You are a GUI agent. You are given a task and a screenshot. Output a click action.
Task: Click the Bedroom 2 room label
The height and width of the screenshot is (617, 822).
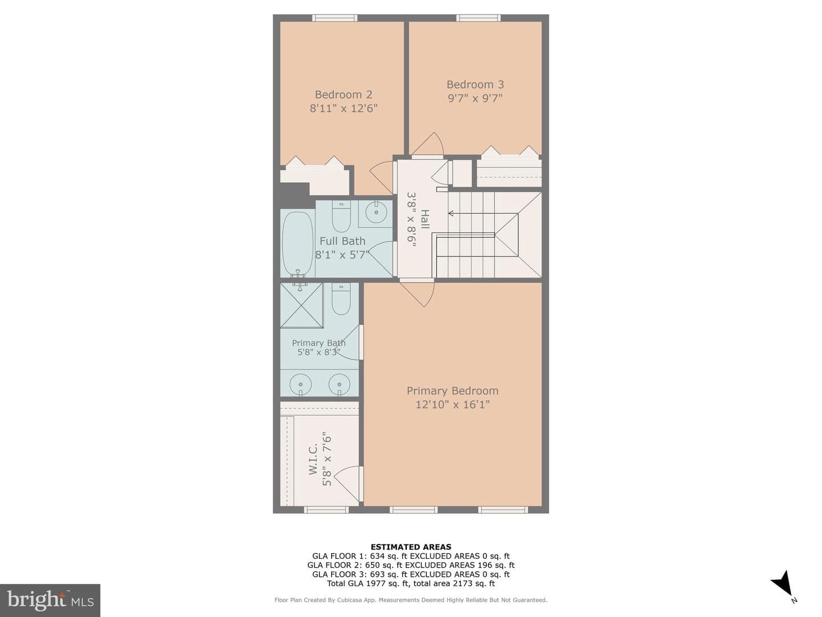click(344, 94)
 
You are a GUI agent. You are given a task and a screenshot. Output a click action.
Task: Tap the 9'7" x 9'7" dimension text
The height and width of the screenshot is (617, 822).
click(475, 98)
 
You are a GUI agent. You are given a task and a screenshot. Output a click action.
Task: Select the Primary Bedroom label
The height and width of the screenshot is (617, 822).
click(452, 391)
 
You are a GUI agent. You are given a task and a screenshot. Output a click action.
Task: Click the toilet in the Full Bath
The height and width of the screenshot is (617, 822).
click(341, 217)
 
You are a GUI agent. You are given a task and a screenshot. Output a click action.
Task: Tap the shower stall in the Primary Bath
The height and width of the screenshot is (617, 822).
click(301, 305)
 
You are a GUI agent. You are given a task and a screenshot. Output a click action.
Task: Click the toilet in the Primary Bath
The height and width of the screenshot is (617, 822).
click(341, 299)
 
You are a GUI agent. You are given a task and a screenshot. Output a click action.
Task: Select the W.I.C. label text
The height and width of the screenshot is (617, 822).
click(313, 459)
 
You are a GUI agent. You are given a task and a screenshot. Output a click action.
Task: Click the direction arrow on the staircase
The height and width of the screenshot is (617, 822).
click(483, 214)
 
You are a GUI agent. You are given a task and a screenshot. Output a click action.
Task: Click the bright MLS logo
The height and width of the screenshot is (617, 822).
click(50, 600)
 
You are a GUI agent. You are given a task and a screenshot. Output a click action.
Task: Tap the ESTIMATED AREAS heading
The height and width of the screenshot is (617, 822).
click(411, 547)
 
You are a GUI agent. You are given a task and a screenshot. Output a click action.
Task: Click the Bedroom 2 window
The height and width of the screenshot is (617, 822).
click(335, 18)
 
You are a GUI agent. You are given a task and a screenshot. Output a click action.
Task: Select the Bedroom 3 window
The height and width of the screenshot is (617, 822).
click(478, 18)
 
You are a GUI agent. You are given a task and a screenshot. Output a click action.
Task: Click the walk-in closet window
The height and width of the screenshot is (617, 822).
click(326, 510)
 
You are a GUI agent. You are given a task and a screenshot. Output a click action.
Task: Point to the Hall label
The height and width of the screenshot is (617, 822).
click(425, 219)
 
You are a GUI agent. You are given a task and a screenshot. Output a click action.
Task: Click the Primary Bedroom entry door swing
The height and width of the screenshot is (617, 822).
click(418, 294)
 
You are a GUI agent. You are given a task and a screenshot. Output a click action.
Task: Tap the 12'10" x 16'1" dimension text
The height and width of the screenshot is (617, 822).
click(452, 404)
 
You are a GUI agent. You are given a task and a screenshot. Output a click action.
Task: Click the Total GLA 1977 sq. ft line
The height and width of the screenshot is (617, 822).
click(411, 583)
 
